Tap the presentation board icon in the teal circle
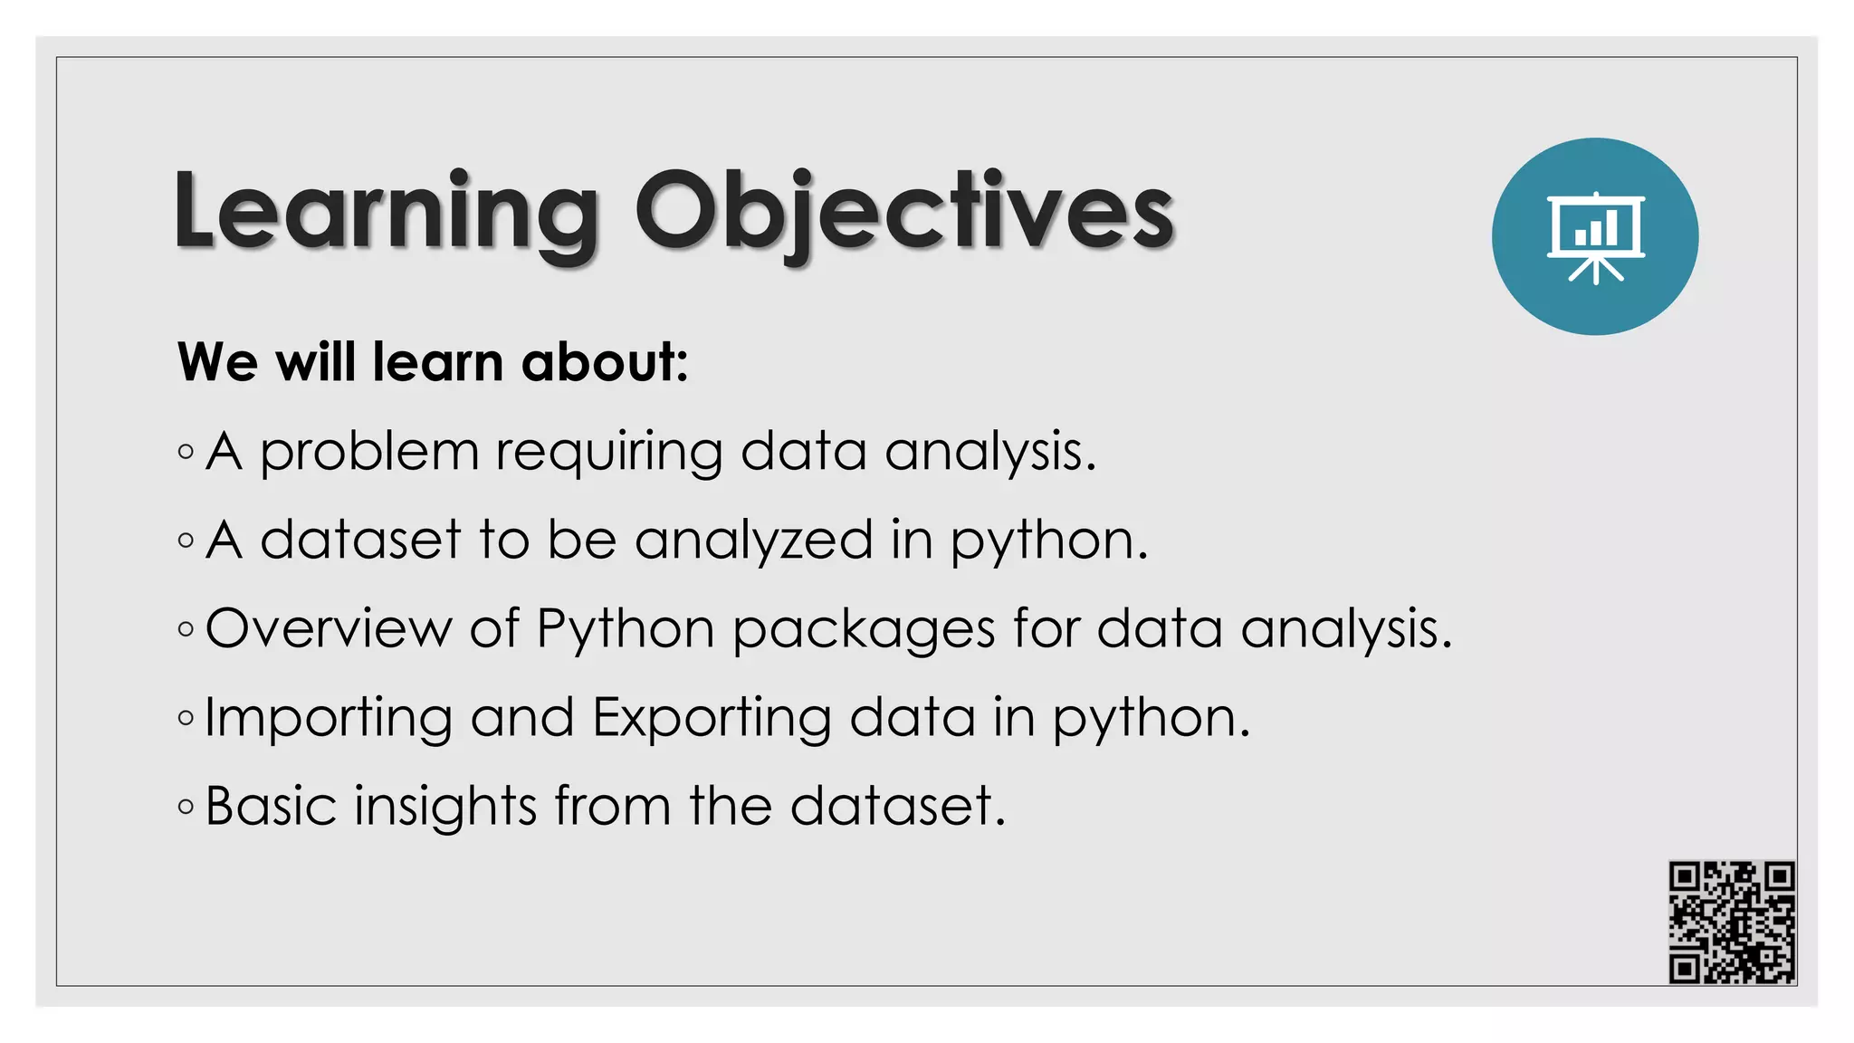tap(1595, 237)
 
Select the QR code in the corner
tap(1732, 922)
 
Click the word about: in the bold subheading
tap(605, 362)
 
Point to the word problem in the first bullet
tap(369, 451)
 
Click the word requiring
tap(609, 451)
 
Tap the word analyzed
tap(754, 540)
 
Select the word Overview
tap(329, 627)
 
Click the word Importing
tap(329, 718)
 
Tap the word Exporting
tap(712, 718)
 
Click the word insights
tap(445, 805)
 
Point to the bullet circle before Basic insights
tap(186, 806)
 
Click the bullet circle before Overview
tap(186, 628)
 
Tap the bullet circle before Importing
tap(186, 718)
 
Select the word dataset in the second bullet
tap(361, 540)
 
